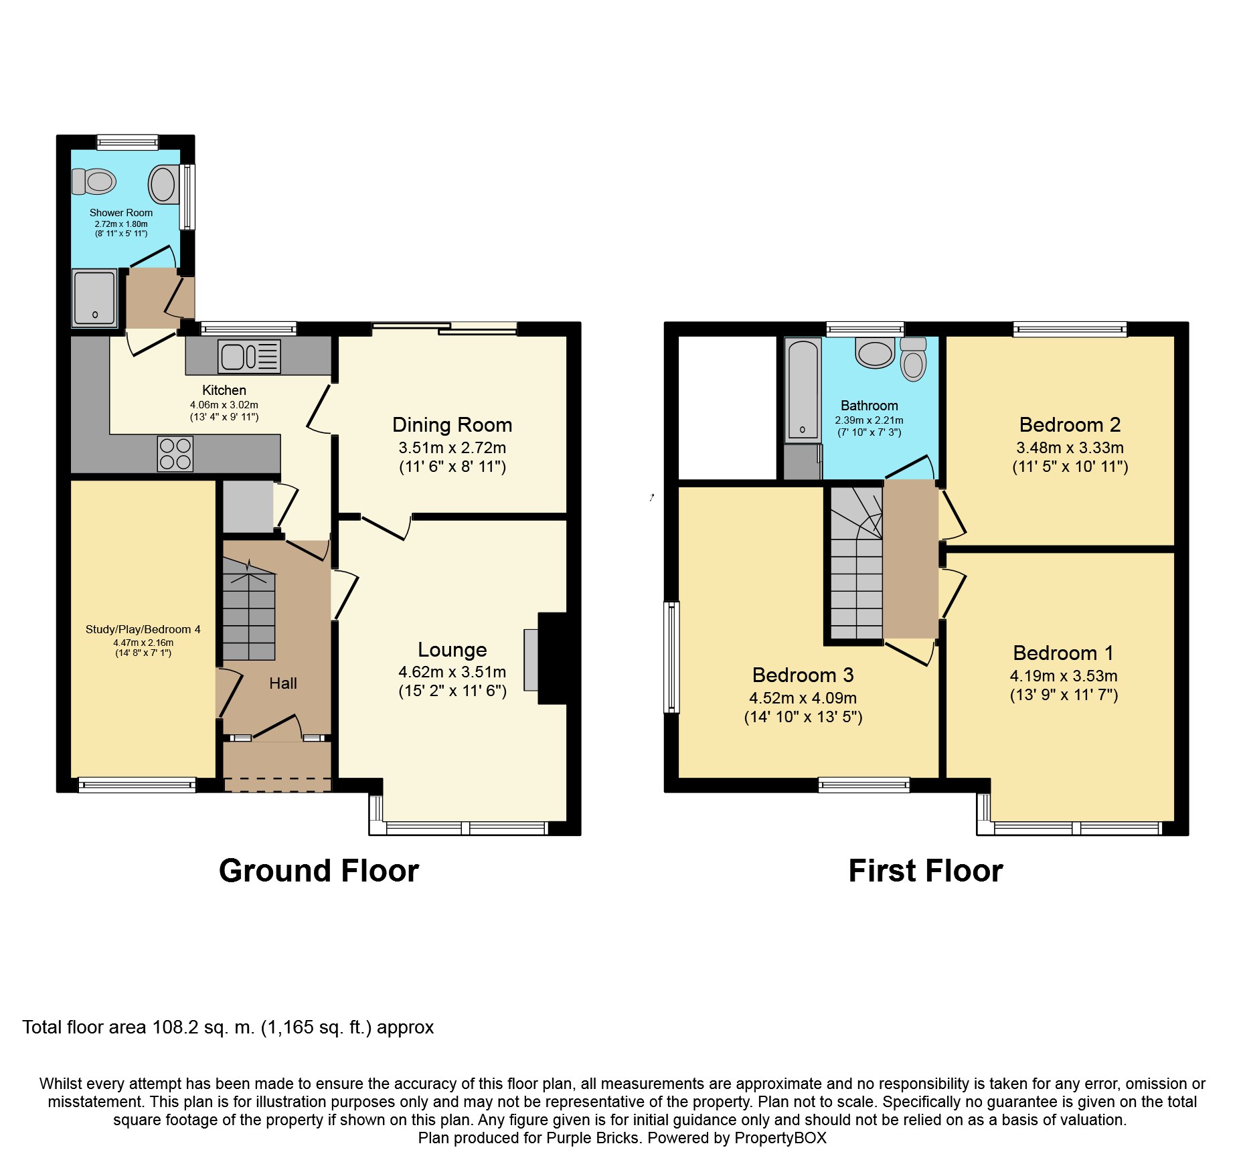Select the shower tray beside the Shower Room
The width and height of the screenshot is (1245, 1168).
coord(94,298)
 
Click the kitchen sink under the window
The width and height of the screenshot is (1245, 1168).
coord(248,356)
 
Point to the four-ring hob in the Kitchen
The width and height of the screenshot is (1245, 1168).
coord(175,454)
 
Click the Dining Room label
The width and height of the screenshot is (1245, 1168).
coord(452,425)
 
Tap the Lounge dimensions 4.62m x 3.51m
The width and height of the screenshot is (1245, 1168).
coord(452,672)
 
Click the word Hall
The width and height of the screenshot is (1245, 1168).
coord(282,683)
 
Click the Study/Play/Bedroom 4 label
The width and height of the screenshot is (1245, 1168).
coord(143,629)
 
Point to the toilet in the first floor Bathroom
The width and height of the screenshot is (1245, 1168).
coord(913,360)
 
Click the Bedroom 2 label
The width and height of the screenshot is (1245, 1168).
coord(1069,425)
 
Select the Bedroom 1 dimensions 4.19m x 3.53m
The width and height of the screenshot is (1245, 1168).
coord(1063,676)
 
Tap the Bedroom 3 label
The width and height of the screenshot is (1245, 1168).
coord(803,675)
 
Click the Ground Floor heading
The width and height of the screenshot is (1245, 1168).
coord(319,871)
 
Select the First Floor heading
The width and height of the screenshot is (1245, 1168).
coord(925,871)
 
